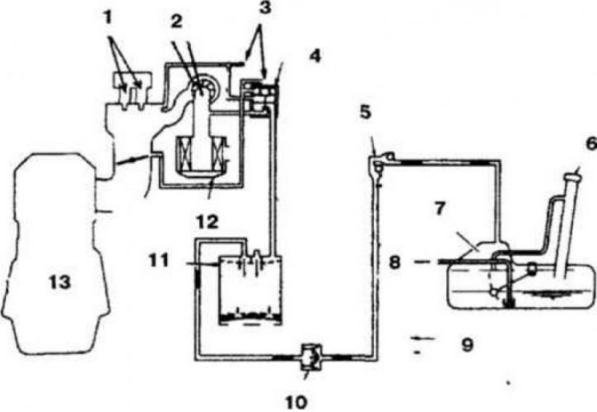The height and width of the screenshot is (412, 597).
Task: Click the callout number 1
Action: coord(108,18)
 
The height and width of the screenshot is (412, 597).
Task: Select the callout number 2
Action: coord(176,22)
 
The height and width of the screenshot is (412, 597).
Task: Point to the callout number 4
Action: coord(314,56)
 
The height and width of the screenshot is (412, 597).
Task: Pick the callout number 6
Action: coord(591,143)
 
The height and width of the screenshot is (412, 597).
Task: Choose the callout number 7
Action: coord(440,208)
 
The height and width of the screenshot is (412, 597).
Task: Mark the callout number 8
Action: coord(395,263)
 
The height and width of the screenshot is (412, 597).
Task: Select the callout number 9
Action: coord(467,345)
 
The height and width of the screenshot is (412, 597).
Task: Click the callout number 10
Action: coord(296,402)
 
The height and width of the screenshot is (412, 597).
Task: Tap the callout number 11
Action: coord(157,261)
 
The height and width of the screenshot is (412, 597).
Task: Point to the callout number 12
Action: coord(207,222)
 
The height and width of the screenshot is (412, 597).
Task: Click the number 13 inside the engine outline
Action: coord(60,282)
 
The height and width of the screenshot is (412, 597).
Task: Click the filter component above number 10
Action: coord(311,357)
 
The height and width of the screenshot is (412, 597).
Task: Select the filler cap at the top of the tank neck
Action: coord(573,176)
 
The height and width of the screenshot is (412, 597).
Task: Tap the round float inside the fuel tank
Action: coord(531,269)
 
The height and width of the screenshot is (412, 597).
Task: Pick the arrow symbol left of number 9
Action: coord(423,338)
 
